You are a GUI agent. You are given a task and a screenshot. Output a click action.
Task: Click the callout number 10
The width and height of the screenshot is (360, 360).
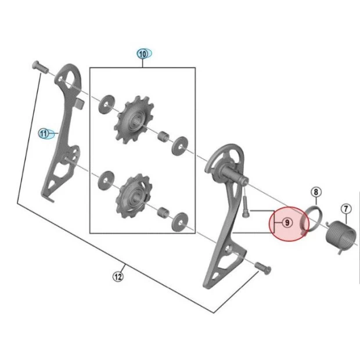tap(143, 54)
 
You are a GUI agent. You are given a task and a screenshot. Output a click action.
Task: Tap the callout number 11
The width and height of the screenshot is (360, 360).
tap(44, 134)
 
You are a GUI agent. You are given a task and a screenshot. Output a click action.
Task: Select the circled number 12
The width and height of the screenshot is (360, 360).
tap(118, 277)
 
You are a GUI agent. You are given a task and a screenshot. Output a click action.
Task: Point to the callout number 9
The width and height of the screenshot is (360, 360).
tap(287, 223)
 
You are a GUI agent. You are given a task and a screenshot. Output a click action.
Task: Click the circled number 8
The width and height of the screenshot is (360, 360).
tap(316, 192)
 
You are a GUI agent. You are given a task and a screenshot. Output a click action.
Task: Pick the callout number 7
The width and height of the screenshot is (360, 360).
tap(346, 209)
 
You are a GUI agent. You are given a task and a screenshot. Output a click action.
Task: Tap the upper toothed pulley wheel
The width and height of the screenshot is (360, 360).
tap(135, 120)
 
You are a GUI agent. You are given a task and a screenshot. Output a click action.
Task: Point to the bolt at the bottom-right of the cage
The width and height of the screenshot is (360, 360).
tap(263, 268)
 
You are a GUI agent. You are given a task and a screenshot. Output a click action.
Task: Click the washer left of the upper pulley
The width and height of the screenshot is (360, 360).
tap(106, 105)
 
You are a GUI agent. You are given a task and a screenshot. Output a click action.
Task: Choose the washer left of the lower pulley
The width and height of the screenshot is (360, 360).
tap(106, 180)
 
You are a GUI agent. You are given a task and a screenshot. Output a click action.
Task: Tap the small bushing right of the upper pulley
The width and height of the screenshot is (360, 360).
tap(163, 137)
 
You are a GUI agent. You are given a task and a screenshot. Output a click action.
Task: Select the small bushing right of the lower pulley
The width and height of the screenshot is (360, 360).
tap(163, 213)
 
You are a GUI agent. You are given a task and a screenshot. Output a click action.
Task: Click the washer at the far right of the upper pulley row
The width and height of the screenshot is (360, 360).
tap(180, 146)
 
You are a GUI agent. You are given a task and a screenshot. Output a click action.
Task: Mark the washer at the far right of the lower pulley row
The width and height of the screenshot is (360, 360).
tap(180, 222)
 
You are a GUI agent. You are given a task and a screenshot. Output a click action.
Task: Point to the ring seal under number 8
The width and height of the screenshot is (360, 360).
tap(311, 220)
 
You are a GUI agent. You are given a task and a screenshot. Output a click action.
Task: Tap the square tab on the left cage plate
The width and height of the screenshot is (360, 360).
tap(79, 103)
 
